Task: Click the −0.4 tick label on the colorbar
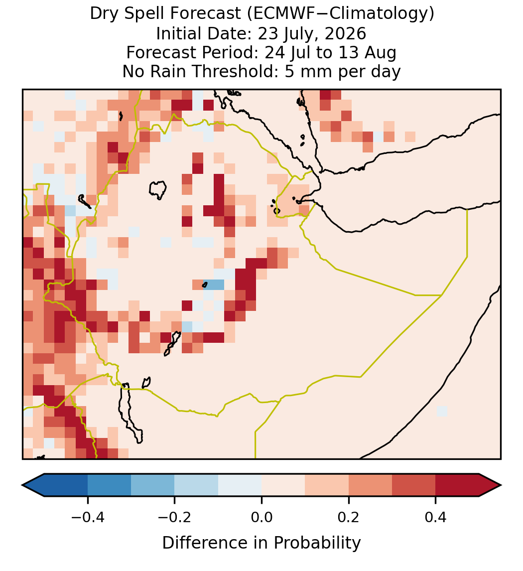(88, 517)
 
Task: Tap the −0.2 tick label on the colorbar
(175, 517)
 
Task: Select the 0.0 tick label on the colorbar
(261, 517)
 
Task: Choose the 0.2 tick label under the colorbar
(349, 517)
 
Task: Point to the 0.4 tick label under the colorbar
(436, 517)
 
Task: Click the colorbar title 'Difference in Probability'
(261, 543)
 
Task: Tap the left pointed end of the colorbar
(22, 485)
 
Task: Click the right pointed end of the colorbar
(501, 485)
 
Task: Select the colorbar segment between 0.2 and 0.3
(370, 485)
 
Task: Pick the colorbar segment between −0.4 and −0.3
(109, 485)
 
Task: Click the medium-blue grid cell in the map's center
(214, 285)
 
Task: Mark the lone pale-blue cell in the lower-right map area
(441, 411)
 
